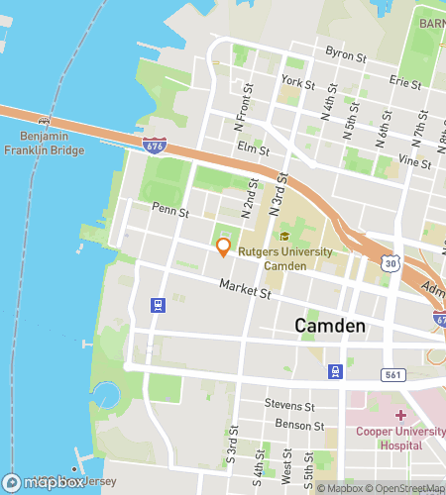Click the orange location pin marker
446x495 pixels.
pyautogui.click(x=224, y=247)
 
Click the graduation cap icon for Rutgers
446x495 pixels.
pyautogui.click(x=285, y=237)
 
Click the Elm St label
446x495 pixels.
pyautogui.click(x=255, y=150)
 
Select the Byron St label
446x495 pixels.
pyautogui.click(x=346, y=52)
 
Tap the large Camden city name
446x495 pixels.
pyautogui.click(x=330, y=326)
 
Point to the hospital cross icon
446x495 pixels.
pyautogui.click(x=400, y=415)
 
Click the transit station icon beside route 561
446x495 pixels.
pyautogui.click(x=336, y=371)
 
